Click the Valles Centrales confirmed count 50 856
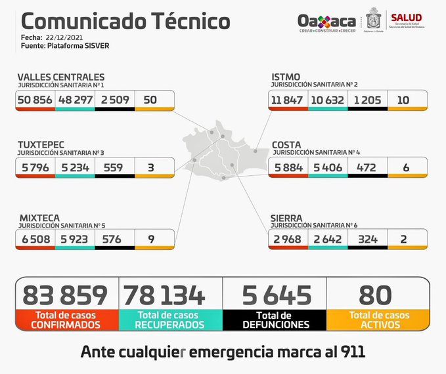(x=35, y=100)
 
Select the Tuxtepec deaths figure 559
(x=114, y=167)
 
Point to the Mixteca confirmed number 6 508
(x=35, y=239)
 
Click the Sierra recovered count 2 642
(x=327, y=239)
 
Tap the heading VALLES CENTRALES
(x=60, y=77)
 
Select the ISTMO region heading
(x=286, y=77)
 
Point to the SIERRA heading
(x=286, y=217)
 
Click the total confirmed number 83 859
(x=65, y=295)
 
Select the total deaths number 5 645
(x=275, y=295)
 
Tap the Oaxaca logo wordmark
(x=326, y=22)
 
